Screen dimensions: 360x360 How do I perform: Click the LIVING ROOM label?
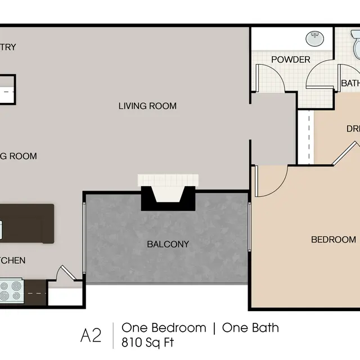click(x=147, y=106)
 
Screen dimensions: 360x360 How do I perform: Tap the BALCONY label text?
click(x=168, y=244)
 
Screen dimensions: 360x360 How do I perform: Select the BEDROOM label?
click(x=334, y=240)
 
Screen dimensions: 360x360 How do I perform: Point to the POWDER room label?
click(x=290, y=60)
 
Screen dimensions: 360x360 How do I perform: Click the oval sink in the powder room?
click(x=314, y=39)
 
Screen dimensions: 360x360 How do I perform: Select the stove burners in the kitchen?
click(x=11, y=292)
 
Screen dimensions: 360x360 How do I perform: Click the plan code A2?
click(x=91, y=335)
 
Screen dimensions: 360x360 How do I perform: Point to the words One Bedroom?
click(x=164, y=328)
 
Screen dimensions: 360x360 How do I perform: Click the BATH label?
click(x=350, y=84)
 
